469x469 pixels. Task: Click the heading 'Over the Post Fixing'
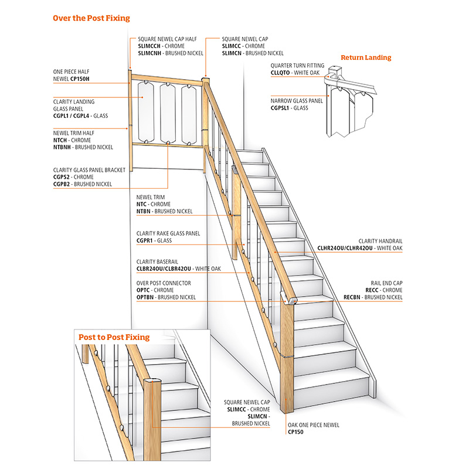pos(91,18)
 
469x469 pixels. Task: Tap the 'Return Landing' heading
pos(366,57)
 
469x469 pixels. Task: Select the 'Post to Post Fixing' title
pos(114,337)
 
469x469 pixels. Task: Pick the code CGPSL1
pos(281,108)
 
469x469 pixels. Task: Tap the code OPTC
pos(144,290)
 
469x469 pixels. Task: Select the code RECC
pos(353,290)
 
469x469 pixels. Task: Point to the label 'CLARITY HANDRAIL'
pos(380,241)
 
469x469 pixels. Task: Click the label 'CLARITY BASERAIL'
pos(157,261)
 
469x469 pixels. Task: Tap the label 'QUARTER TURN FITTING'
pos(297,65)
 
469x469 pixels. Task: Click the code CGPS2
pos(63,177)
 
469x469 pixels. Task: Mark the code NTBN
pos(144,210)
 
